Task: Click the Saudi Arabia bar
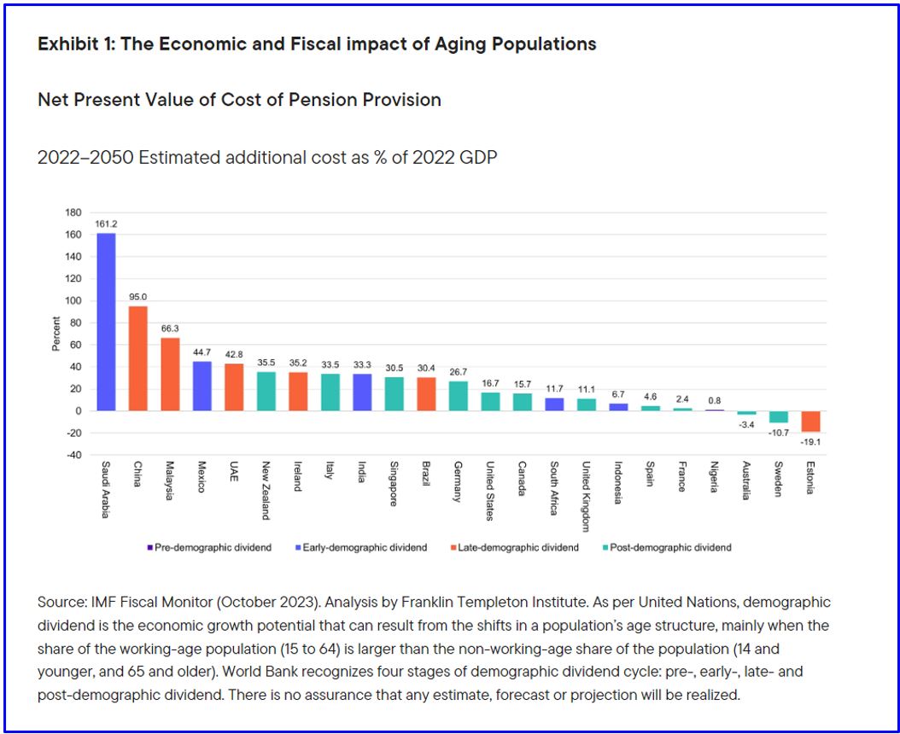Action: (106, 322)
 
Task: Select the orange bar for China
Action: (138, 358)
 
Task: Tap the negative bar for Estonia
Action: (810, 421)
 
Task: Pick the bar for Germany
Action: (459, 396)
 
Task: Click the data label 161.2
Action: (106, 224)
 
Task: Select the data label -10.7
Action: (778, 433)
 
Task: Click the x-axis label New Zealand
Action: (266, 491)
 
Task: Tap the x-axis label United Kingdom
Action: (587, 496)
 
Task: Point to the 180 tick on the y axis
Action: (73, 213)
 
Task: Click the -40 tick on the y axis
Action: (73, 455)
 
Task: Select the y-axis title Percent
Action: (56, 334)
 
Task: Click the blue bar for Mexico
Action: (202, 386)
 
